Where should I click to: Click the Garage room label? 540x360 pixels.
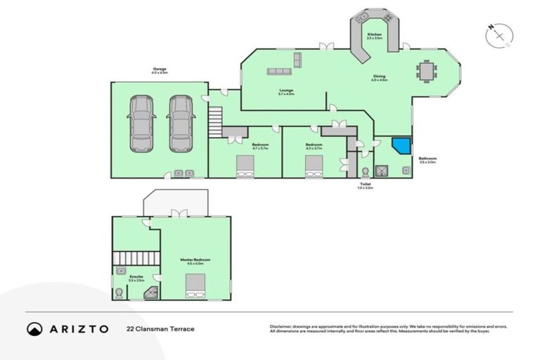coord(159,70)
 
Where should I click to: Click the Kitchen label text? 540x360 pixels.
coord(374,35)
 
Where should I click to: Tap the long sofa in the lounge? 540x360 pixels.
coord(278,71)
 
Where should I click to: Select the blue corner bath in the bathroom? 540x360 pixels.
coord(401,146)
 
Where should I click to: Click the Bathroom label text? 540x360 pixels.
coord(427,160)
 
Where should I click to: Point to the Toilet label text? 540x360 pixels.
coord(366,186)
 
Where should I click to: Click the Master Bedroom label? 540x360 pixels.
coord(195,260)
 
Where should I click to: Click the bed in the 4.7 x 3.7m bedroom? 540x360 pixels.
coord(245,165)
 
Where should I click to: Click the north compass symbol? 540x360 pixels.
coord(499,35)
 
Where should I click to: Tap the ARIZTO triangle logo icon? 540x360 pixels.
coord(34,328)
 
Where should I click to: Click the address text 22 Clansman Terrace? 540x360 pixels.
coord(160,328)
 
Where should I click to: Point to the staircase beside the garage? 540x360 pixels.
coord(216,120)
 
